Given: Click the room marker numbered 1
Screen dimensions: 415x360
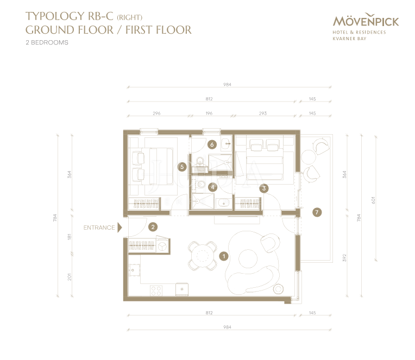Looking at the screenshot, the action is (224, 256).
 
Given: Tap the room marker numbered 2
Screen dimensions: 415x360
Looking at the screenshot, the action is (153, 227).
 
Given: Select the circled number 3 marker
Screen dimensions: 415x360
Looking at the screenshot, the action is (263, 188).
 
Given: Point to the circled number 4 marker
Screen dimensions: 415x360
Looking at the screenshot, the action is (212, 187).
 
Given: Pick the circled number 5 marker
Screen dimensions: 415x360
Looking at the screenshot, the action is (182, 167).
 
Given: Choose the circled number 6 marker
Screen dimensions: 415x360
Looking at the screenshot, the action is (212, 144).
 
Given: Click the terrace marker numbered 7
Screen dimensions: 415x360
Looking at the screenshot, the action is (317, 212).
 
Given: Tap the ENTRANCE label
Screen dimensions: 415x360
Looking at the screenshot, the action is (99, 228).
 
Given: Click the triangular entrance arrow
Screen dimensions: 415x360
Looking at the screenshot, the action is (120, 228).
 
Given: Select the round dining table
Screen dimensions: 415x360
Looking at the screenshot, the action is (202, 256).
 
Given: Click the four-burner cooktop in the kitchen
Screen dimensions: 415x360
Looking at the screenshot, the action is (156, 290).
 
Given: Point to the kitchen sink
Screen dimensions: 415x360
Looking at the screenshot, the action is (134, 270).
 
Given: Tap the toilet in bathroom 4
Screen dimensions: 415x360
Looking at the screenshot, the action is (200, 184).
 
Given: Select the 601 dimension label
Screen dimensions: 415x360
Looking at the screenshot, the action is (373, 200).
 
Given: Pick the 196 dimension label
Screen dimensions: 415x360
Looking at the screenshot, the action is (209, 113).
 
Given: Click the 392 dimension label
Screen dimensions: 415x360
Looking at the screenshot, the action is (344, 258).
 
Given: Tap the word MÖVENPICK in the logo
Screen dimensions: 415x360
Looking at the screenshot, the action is (366, 21).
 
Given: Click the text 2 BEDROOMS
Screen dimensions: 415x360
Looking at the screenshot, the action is (47, 42).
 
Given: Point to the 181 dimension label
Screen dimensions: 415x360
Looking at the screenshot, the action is (70, 236).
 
